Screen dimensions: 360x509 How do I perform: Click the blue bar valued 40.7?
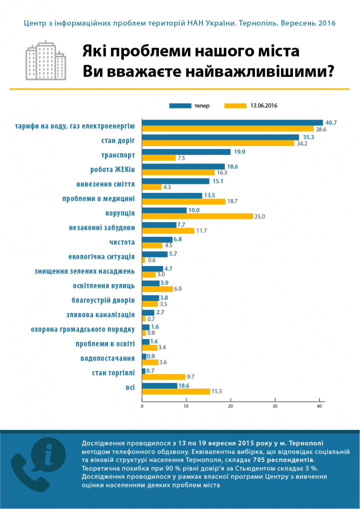[x=232, y=122]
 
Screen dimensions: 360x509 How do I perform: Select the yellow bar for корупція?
[x=197, y=216]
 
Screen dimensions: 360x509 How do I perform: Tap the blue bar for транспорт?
[x=186, y=152]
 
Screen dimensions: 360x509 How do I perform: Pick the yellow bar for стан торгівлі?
[x=163, y=377]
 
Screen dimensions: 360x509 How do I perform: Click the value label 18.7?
[x=233, y=201]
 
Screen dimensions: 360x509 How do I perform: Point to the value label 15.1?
[x=216, y=181]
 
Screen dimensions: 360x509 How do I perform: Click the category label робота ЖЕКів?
[x=112, y=170]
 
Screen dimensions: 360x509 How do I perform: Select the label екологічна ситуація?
[x=101, y=257]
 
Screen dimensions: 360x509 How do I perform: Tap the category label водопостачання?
[x=108, y=358]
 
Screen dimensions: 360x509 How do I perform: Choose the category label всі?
[x=130, y=388]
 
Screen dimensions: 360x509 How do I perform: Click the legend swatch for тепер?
[x=180, y=106]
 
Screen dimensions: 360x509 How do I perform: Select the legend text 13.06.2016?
[x=264, y=106]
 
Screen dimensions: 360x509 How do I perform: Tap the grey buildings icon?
[x=46, y=60]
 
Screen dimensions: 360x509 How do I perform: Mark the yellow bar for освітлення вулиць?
[x=157, y=289]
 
